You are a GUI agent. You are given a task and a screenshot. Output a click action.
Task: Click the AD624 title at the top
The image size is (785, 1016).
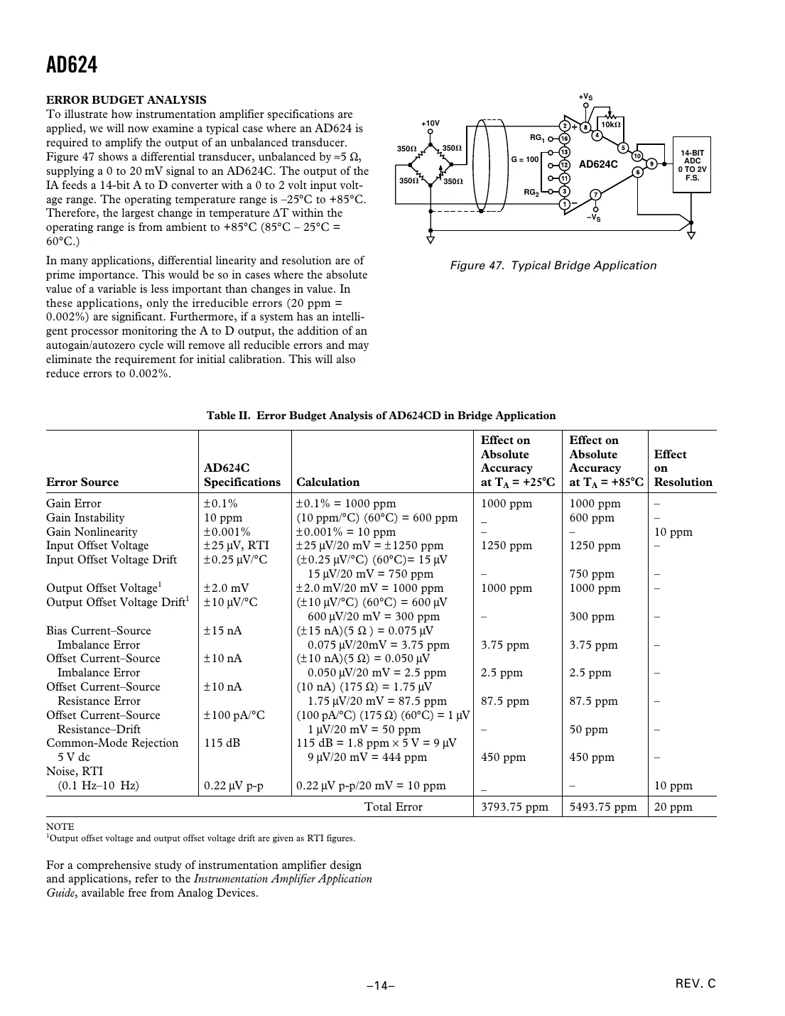point(72,65)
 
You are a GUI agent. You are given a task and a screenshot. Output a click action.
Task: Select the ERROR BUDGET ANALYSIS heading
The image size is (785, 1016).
point(126,100)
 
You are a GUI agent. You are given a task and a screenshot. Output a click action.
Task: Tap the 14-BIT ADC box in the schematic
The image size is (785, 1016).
point(692,166)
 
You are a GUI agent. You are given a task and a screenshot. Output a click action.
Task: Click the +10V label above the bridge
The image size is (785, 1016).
point(430,124)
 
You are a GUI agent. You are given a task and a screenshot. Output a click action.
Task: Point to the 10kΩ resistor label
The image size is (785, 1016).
point(610,124)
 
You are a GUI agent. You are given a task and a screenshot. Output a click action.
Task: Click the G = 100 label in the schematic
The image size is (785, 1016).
point(525,159)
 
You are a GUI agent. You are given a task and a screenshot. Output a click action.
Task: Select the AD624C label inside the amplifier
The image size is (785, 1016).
point(598,164)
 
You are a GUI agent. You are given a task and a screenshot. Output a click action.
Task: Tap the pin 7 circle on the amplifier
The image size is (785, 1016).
point(595,195)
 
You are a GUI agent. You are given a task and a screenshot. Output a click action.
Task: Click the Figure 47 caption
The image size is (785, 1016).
point(553,266)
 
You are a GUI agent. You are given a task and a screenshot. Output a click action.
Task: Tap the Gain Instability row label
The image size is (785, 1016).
point(85,518)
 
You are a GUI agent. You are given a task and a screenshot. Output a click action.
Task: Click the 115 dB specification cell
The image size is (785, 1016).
point(222,743)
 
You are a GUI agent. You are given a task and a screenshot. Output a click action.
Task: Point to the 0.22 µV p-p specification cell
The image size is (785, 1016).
point(234,786)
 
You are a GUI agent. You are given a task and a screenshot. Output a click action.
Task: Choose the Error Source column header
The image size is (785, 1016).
point(82,482)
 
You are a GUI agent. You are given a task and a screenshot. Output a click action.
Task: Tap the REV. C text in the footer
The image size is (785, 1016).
point(695,984)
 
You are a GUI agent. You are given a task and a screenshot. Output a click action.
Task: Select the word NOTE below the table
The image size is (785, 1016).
point(60,826)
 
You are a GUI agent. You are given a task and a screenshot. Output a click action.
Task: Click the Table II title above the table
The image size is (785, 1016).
point(381,416)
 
